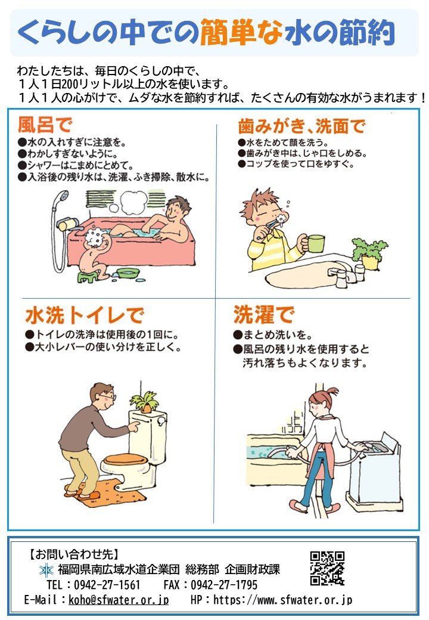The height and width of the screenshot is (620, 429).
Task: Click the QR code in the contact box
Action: point(327,568)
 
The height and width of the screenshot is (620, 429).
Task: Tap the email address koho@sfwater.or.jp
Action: point(119,600)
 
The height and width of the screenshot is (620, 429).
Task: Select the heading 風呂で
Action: point(45,125)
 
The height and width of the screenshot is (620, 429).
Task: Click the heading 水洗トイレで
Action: point(84,315)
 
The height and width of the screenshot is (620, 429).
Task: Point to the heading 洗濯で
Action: point(263,315)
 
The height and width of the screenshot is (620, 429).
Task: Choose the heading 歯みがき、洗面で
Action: point(301,126)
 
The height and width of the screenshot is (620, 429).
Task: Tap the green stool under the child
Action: point(88,275)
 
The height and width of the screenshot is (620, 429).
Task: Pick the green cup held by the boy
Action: point(315,243)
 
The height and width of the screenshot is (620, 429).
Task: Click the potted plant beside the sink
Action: point(369,253)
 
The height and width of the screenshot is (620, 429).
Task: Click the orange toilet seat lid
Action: point(125,459)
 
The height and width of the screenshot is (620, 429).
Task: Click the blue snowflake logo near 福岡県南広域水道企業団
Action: point(46,570)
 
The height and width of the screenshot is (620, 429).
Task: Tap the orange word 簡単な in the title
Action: point(241,32)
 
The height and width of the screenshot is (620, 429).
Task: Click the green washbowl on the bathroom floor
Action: point(128,272)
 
